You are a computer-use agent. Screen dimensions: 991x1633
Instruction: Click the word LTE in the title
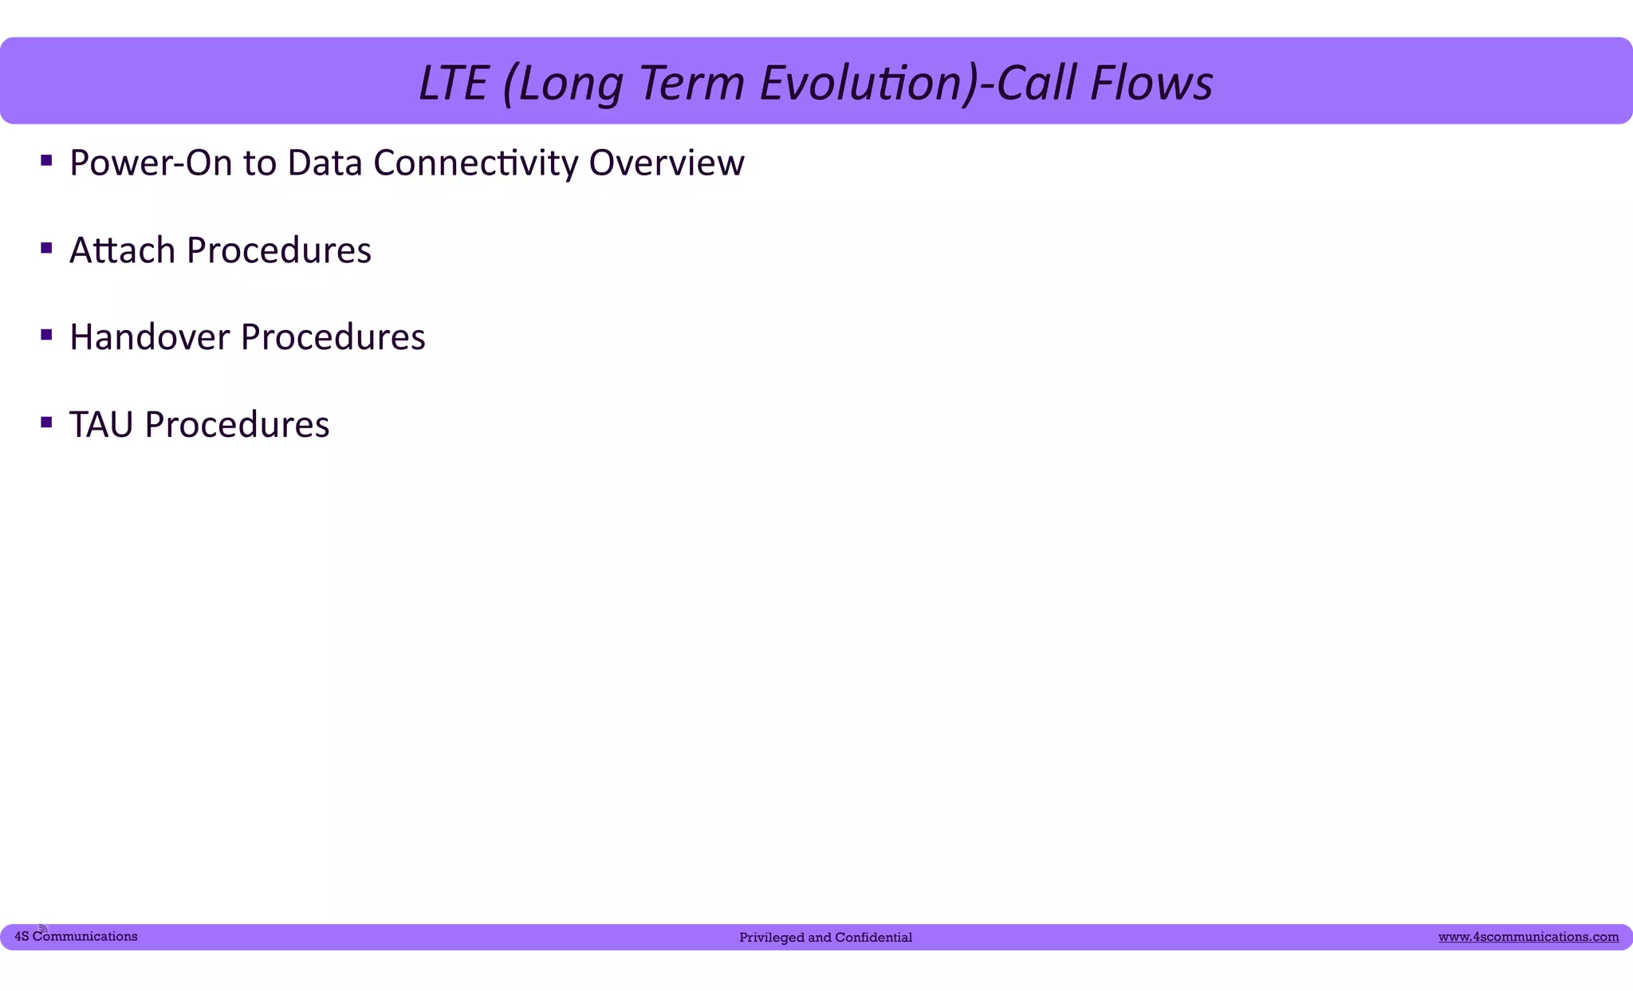point(452,83)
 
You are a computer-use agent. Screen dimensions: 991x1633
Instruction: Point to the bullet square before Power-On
point(46,162)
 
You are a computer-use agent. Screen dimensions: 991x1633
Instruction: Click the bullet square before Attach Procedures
point(46,249)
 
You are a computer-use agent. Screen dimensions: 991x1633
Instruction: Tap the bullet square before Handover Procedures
point(46,336)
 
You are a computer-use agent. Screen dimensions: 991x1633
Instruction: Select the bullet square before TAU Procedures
point(46,423)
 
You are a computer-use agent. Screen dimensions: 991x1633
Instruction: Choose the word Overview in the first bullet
point(666,163)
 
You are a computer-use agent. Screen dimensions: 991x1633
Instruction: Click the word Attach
point(122,250)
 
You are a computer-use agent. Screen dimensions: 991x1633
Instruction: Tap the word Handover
point(149,337)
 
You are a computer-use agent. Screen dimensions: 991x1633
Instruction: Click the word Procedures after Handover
point(333,337)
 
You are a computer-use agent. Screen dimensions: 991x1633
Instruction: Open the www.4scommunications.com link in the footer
point(1528,937)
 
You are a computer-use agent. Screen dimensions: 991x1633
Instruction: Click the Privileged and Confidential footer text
point(825,938)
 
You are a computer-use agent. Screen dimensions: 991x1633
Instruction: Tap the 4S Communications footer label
point(76,937)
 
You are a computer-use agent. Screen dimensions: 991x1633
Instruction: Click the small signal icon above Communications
point(43,929)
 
